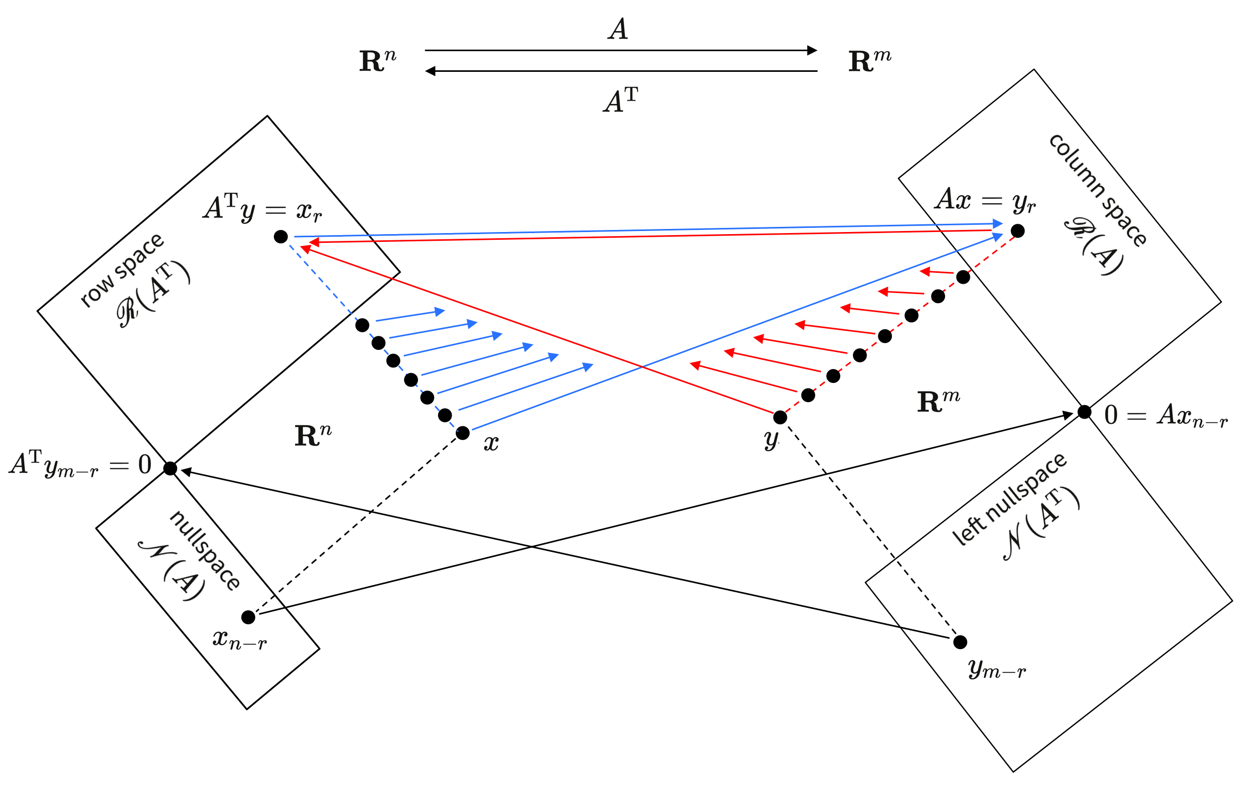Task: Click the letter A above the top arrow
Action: click(618, 29)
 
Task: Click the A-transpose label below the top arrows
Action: click(621, 100)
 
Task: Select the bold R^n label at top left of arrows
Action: click(378, 61)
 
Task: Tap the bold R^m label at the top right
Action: click(869, 61)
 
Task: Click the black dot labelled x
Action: click(462, 433)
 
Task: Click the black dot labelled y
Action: click(780, 417)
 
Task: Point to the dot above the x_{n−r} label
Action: click(248, 617)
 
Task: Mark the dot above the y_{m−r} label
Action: click(960, 642)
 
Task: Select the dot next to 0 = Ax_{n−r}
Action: click(1085, 412)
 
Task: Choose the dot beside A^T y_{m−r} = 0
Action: click(171, 468)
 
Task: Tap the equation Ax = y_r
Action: click(985, 200)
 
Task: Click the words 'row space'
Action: click(122, 270)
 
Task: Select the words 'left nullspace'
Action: click(1009, 499)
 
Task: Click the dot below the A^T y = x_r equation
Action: click(281, 237)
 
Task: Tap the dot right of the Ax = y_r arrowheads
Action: click(1017, 230)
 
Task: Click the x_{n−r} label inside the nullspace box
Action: click(239, 640)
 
